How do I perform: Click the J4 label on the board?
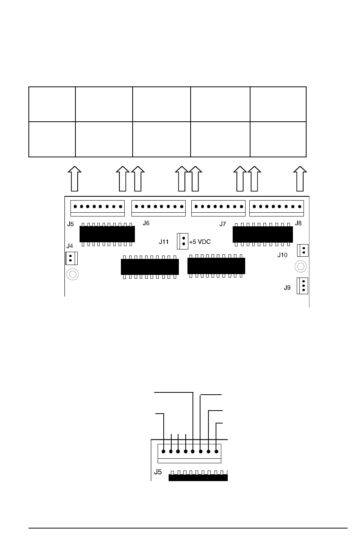70,246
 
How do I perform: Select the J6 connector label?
146,223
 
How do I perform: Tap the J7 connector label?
222,224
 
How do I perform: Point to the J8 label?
298,223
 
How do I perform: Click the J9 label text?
287,288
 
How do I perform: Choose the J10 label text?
282,255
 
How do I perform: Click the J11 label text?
164,242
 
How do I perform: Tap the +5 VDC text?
200,242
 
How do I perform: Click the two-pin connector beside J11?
182,241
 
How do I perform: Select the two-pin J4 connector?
72,258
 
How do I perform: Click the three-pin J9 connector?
302,286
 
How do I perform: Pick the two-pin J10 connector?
303,250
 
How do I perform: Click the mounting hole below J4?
73,274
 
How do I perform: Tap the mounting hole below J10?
301,267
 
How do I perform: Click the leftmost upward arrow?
75,179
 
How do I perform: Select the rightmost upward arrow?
300,179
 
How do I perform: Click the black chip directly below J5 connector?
107,234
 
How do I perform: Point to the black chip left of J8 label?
263,235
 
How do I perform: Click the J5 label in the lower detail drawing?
158,472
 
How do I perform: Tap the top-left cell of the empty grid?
52,104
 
